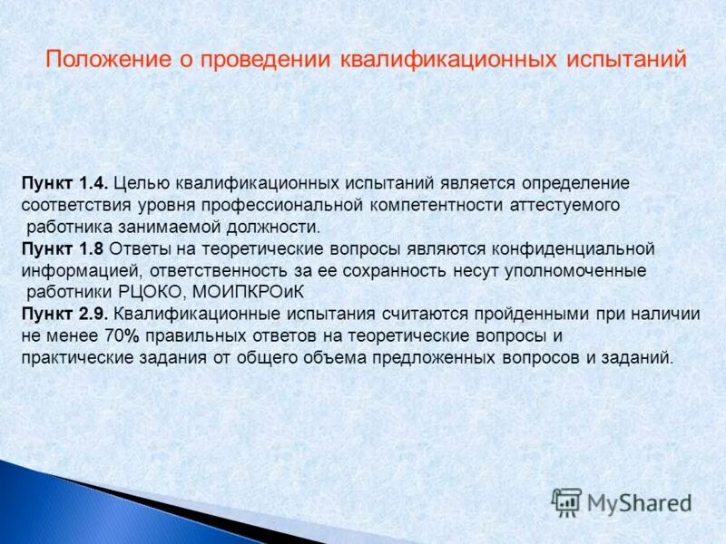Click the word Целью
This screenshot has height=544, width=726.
coord(138,183)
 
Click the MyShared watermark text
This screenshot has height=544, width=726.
coord(640,502)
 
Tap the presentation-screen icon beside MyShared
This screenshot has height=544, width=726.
coord(566,501)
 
